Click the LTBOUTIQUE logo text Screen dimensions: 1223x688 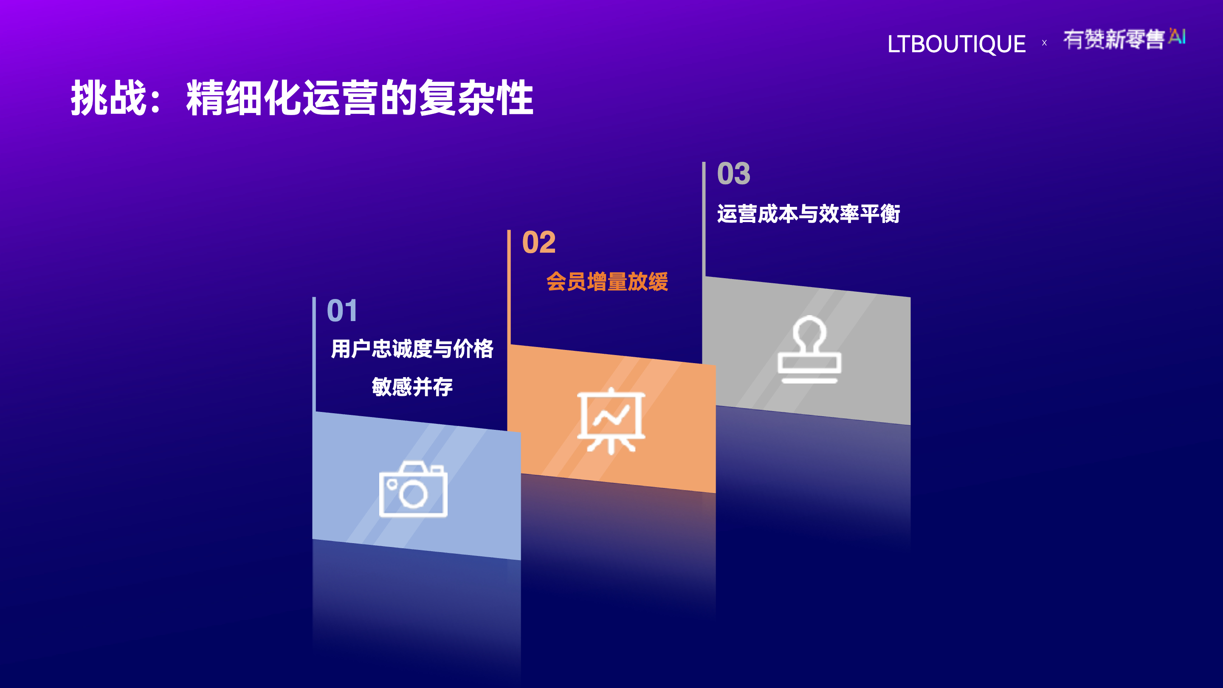(956, 44)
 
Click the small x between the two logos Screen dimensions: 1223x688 (1045, 43)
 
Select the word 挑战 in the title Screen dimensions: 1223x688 (109, 97)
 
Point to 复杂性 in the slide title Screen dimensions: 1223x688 (476, 97)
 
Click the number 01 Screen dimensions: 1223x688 (342, 311)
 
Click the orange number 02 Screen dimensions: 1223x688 (539, 242)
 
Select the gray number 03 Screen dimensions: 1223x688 (734, 174)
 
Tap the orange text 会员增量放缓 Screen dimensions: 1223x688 (607, 282)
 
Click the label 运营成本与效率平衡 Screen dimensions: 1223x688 (809, 214)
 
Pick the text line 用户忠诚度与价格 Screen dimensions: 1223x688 (412, 349)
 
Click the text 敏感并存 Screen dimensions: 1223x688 (412, 386)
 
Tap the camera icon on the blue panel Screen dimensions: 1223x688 (413, 489)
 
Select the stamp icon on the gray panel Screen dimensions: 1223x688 (809, 349)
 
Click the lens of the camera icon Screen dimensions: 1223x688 (413, 494)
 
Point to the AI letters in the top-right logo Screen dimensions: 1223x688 (1177, 36)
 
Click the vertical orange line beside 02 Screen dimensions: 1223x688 (509, 287)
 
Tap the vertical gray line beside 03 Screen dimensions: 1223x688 (704, 219)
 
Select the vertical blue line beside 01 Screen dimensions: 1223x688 (314, 354)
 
